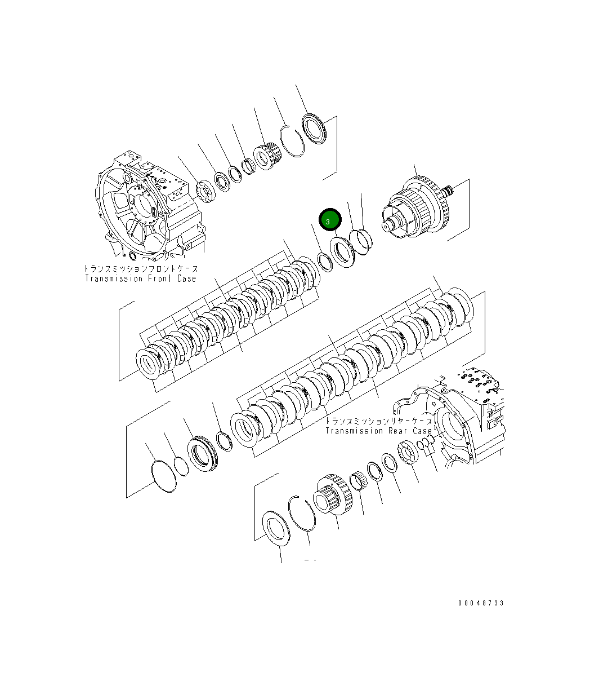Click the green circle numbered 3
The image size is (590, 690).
tap(330, 220)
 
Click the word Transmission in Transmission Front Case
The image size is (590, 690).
tap(114, 278)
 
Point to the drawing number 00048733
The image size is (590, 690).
tap(481, 603)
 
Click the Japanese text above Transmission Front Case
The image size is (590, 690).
tap(141, 268)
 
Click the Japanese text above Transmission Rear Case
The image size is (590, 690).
tap(379, 421)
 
